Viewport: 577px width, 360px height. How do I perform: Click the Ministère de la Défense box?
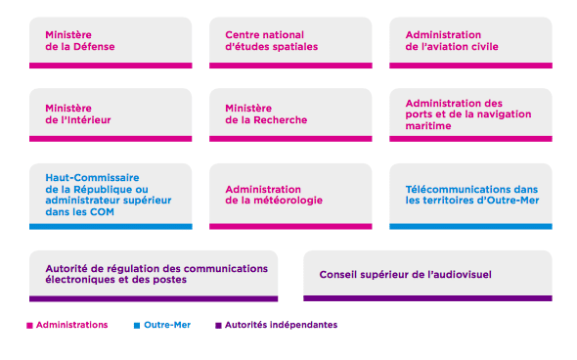[111, 41]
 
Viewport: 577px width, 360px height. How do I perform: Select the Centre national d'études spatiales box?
[290, 41]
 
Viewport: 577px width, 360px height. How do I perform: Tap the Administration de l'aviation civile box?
[470, 41]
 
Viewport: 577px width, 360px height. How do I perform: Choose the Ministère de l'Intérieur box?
[111, 114]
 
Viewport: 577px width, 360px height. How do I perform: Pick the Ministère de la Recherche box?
[290, 114]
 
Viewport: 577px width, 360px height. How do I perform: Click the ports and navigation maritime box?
[470, 114]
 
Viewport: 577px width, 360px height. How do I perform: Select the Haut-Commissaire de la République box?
[111, 194]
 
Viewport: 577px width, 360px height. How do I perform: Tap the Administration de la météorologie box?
[290, 194]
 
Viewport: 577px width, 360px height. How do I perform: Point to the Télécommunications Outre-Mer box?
[470, 194]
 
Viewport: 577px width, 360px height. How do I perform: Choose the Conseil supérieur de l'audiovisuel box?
[427, 274]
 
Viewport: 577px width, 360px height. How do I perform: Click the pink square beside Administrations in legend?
[29, 325]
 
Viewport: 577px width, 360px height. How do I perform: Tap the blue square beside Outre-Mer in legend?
[136, 325]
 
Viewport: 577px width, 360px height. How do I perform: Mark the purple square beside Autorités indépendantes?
[218, 325]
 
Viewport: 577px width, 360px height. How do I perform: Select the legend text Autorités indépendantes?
[281, 325]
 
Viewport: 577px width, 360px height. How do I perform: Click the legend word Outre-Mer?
[167, 325]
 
